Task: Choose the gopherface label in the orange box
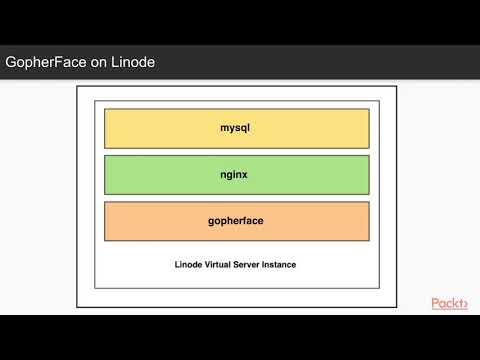pos(237,222)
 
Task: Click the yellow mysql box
pos(150,128)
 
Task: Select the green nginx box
pos(150,175)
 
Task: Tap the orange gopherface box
pos(150,222)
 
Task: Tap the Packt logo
pos(449,303)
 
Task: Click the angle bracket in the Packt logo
pos(463,304)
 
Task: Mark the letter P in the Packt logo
pos(435,303)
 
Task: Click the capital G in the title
pos(11,63)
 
